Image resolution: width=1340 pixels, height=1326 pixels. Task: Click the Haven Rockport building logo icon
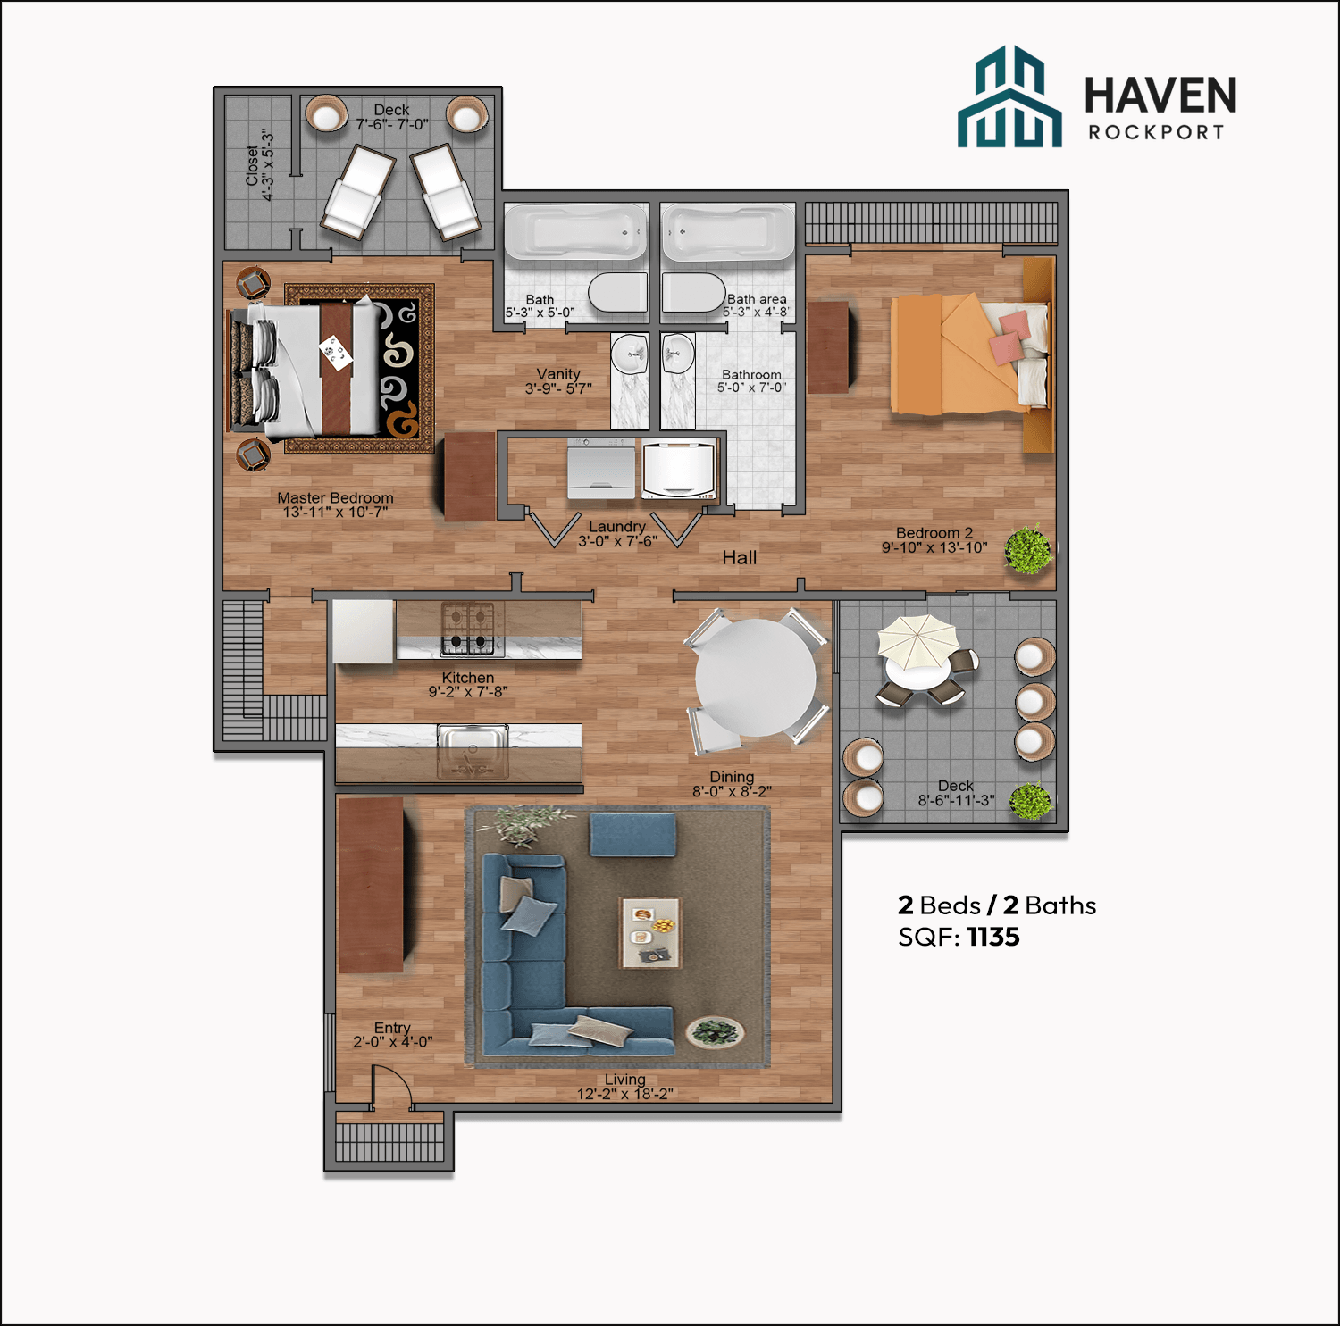tap(1009, 97)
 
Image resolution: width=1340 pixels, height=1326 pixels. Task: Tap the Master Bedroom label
tap(335, 498)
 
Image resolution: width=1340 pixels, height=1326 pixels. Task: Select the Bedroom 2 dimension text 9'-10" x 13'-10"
tap(934, 547)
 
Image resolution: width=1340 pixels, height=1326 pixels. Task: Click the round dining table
tap(756, 678)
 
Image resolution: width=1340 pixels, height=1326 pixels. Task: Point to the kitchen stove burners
tap(467, 629)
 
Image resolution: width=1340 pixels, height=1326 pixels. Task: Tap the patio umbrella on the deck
tap(917, 640)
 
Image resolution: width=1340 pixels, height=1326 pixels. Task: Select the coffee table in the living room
tap(649, 932)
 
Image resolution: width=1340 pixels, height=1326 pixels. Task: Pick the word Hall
tap(739, 558)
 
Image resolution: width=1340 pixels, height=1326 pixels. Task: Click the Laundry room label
tap(616, 527)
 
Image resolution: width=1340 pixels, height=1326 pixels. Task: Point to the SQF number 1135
tap(993, 937)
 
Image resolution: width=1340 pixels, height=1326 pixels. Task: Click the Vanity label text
tap(558, 374)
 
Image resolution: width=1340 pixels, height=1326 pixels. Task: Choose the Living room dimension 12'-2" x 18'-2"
tap(624, 1094)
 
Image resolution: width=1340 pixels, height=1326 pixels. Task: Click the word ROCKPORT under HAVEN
tap(1156, 132)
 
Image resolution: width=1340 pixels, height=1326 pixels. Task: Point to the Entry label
tap(392, 1028)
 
